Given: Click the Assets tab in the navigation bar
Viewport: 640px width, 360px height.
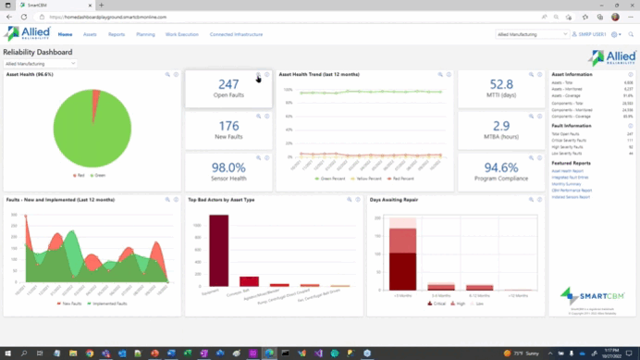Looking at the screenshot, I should click(90, 34).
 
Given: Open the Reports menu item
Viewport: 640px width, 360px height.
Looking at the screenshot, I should click(117, 34).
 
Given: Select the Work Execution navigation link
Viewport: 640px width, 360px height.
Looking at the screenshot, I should click(181, 34).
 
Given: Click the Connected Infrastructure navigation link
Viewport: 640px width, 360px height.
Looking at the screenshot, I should click(236, 34).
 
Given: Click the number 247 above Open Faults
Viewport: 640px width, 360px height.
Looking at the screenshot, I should click(228, 85).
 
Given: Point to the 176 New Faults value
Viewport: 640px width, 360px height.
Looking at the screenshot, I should click(228, 126).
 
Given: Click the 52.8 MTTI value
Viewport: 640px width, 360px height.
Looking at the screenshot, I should click(501, 85).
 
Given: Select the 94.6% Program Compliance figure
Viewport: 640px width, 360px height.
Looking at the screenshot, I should click(501, 168).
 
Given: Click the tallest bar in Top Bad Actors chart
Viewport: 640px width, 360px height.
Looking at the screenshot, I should click(218, 250).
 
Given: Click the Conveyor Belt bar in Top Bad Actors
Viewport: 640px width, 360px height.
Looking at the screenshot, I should click(249, 281).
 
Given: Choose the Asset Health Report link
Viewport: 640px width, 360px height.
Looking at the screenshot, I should click(567, 171).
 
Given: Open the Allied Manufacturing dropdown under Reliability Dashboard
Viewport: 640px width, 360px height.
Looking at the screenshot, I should click(40, 64).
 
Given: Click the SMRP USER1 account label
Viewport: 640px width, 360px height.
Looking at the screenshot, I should click(591, 34).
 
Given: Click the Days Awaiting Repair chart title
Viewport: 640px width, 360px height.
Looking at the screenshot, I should click(393, 199).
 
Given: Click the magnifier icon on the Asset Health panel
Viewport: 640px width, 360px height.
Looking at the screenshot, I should click(167, 74).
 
